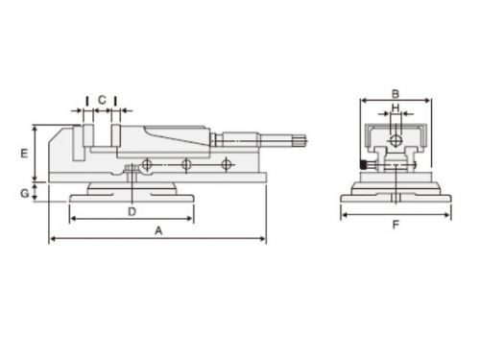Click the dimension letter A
[x=158, y=230]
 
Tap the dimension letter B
[x=396, y=94]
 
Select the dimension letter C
[x=102, y=100]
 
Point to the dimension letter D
[x=132, y=211]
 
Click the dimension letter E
[x=24, y=154]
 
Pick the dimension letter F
[x=396, y=225]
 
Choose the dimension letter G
[x=25, y=193]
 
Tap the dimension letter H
[x=396, y=108]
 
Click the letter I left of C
[x=87, y=101]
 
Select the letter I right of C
[x=115, y=101]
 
